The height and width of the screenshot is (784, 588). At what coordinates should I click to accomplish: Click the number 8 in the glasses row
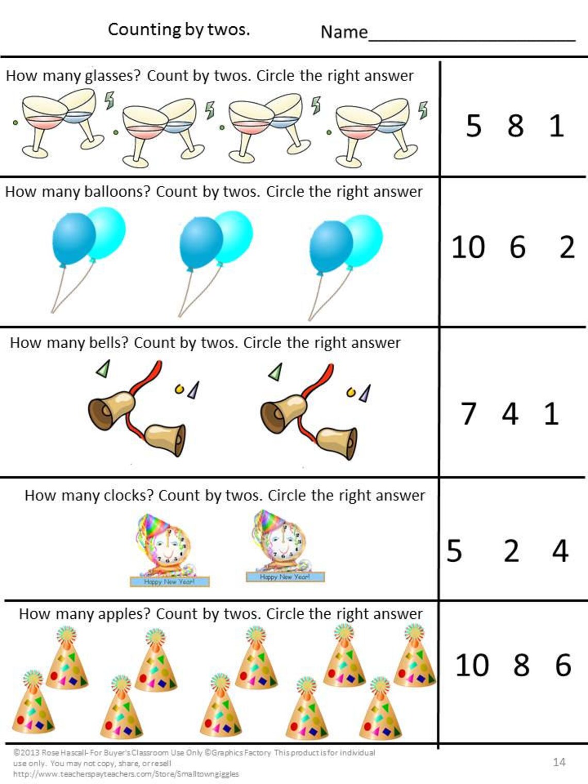[515, 126]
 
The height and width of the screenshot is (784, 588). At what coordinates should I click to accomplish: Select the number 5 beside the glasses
[473, 126]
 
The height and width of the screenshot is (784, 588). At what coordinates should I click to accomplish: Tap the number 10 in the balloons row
[468, 247]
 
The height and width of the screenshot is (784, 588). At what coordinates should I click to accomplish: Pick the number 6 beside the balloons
[517, 247]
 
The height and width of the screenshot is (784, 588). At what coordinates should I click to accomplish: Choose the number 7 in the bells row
[468, 414]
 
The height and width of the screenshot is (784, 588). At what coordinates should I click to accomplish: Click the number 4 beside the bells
[510, 414]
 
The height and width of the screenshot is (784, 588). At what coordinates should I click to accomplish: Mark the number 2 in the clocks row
[511, 551]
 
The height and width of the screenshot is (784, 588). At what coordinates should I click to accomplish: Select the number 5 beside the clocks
[454, 551]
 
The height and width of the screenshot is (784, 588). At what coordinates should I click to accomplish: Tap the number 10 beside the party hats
[471, 665]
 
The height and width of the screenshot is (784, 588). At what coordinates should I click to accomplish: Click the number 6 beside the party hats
[563, 665]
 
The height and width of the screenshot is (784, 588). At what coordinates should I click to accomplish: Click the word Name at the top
[344, 32]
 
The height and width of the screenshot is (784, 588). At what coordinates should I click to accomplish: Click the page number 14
[559, 762]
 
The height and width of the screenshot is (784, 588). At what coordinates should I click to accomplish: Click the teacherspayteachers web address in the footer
[126, 774]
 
